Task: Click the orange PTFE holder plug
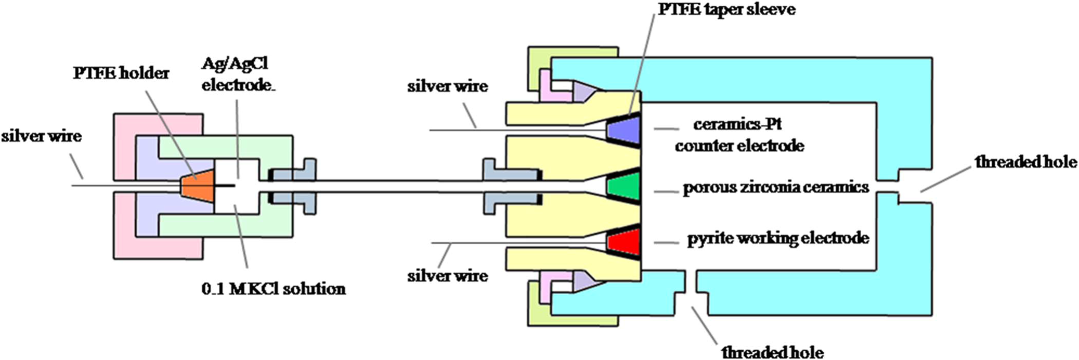click(197, 185)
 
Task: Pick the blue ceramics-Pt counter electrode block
click(623, 129)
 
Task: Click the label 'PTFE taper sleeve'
click(726, 9)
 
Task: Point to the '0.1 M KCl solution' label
click(273, 289)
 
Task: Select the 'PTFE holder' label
click(121, 73)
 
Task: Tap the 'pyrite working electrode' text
click(778, 238)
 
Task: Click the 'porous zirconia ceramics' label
click(775, 187)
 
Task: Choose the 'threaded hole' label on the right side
click(1025, 162)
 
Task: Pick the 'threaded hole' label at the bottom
click(772, 352)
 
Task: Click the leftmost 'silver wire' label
click(41, 136)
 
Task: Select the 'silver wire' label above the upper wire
click(447, 86)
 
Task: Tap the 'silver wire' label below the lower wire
click(447, 276)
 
